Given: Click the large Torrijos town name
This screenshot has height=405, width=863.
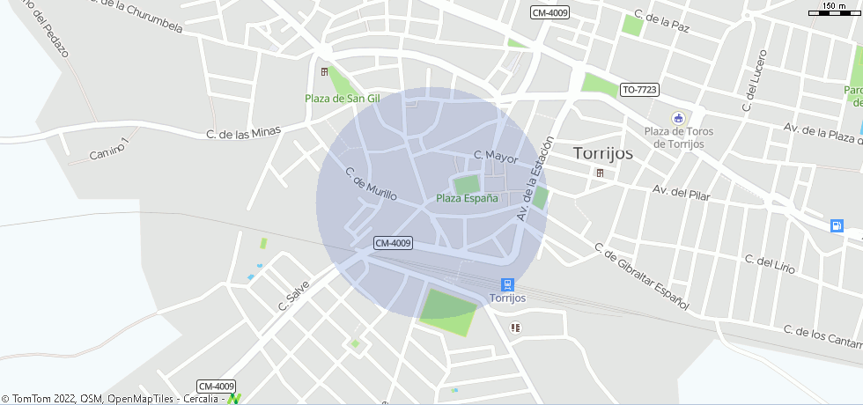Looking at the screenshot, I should [603, 152].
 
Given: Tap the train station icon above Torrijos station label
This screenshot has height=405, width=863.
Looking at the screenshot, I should [507, 284].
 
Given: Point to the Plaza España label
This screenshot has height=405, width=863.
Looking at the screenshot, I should [467, 198].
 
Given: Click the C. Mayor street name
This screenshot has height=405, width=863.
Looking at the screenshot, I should [496, 156].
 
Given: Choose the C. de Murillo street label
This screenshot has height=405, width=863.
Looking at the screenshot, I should [370, 183].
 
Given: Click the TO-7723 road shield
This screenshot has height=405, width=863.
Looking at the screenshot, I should [639, 90].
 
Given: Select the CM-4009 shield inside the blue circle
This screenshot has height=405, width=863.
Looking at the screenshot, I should [393, 243].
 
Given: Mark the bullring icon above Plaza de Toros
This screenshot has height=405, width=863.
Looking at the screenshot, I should [677, 118].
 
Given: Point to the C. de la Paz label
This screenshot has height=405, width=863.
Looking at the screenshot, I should [661, 21].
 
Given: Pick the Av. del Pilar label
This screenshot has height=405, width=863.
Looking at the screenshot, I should [681, 190].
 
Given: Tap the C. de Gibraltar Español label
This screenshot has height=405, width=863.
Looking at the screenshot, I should [640, 276].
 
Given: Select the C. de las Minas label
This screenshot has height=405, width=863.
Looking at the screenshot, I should [243, 133].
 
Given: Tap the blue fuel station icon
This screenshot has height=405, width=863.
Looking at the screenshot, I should [836, 225].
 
